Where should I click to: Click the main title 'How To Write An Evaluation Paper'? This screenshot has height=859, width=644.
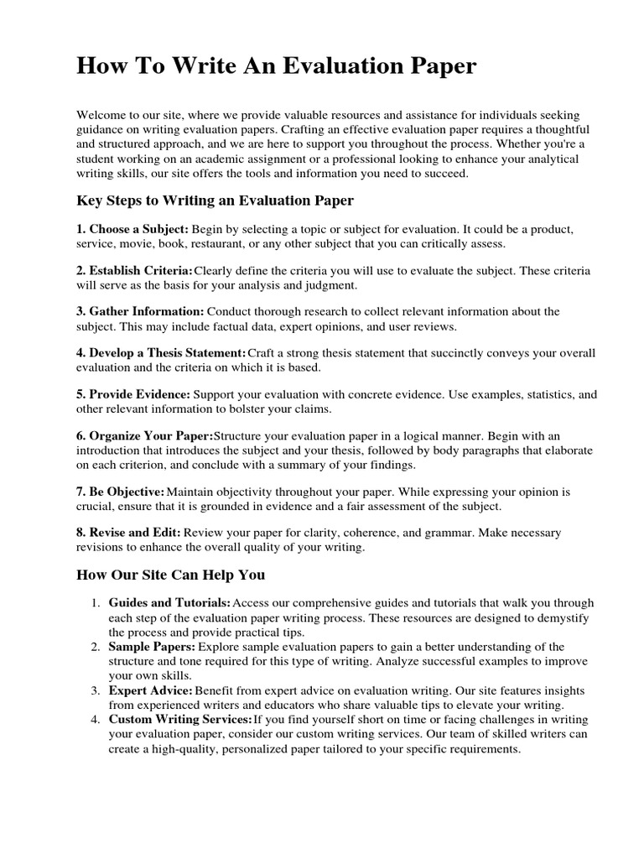(x=277, y=67)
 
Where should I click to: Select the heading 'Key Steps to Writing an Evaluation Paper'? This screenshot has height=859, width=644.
(x=216, y=200)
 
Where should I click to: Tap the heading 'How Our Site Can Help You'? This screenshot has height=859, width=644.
(x=170, y=575)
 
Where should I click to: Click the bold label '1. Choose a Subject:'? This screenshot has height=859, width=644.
(x=132, y=229)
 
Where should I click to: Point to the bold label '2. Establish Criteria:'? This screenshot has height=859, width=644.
(x=134, y=270)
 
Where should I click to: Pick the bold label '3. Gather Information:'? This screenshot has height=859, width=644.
(x=140, y=311)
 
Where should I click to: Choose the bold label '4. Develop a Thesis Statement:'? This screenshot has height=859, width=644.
(x=161, y=352)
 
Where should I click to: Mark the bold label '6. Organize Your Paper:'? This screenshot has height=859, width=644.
(x=145, y=435)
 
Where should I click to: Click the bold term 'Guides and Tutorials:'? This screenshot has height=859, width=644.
(x=170, y=602)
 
